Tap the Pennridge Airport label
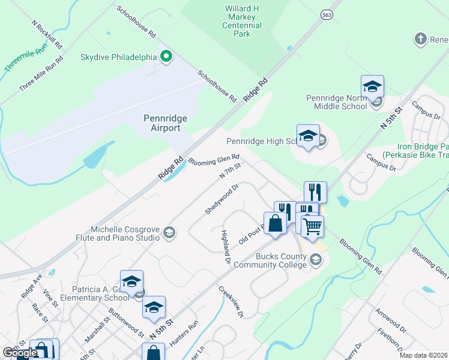162,123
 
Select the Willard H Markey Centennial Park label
242,22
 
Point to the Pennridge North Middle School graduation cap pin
372,87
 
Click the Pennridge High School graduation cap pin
308,136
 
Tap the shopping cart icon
312,227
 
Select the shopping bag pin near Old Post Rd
275,224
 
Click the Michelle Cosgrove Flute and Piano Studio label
125,233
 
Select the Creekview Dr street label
231,302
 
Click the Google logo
19,353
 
